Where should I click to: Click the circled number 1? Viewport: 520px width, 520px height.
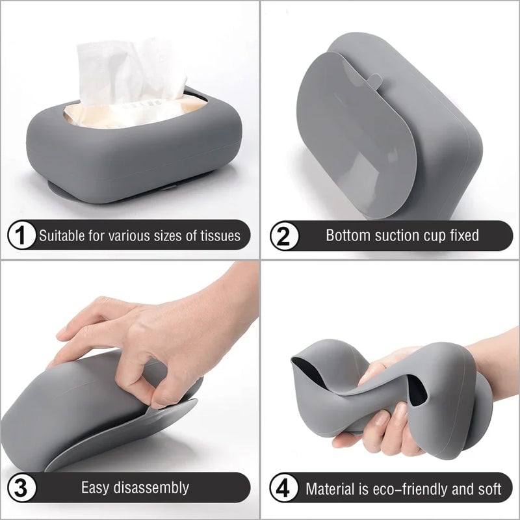point(21,235)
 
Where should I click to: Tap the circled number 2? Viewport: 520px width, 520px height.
point(283,235)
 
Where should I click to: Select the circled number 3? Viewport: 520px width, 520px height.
point(21,487)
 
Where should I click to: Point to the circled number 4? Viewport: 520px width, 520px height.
point(283,488)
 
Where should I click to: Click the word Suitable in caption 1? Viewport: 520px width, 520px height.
point(59,235)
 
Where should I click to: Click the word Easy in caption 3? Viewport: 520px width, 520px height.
point(94,487)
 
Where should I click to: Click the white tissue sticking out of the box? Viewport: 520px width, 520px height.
point(130,71)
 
